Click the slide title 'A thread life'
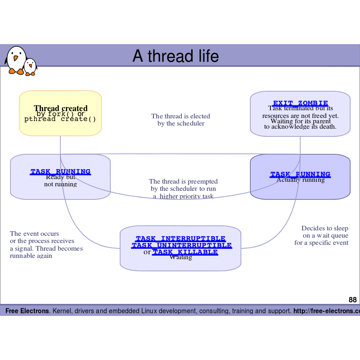175,56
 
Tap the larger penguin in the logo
16,60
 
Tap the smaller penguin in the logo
31,67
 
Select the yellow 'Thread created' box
60,113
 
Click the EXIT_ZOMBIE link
300,103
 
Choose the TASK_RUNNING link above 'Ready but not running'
60,171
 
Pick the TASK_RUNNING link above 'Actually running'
300,174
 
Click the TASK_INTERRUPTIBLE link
180,238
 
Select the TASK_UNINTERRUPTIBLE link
181,245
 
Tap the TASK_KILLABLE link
185,252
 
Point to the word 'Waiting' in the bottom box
180,258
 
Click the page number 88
352,300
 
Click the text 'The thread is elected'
180,116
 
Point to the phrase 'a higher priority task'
183,196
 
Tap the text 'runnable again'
31,256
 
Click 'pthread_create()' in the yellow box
60,119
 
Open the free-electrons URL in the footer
326,311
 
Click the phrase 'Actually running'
300,180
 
